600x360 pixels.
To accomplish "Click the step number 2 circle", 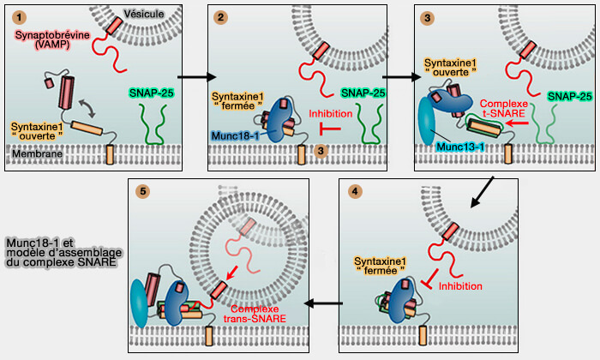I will (222, 16).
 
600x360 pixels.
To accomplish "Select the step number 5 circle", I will (142, 190).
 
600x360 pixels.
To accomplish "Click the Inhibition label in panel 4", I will (461, 285).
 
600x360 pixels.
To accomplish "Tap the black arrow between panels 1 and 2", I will (191, 75).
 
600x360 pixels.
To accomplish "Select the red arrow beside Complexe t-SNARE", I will (516, 123).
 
